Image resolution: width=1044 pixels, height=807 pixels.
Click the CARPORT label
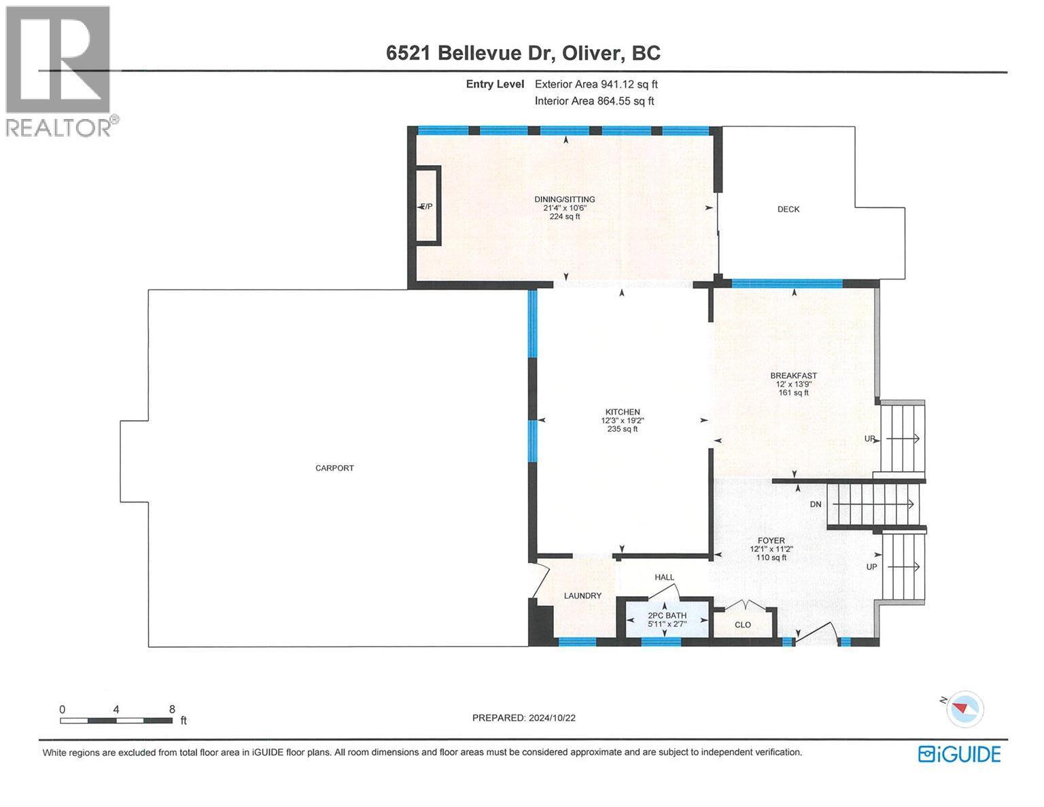pos(334,468)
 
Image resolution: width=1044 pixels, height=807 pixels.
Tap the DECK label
pos(788,209)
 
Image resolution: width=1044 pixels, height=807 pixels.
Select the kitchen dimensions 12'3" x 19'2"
pos(623,420)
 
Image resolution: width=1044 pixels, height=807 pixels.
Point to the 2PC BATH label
pos(666,615)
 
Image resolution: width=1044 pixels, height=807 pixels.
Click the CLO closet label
pos(743,624)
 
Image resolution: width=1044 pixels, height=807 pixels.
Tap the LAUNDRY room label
pos(582,596)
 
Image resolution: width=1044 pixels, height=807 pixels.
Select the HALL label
pos(664,577)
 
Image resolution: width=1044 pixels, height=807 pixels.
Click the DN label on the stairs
pos(816,504)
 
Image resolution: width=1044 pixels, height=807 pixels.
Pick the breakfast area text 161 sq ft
pos(793,392)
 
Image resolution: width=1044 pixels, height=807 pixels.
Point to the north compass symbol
pos(964,708)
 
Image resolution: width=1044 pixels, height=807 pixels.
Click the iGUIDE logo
pos(959,754)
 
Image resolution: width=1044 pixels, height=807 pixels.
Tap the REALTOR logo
pos(60,71)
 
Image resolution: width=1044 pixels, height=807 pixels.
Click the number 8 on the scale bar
pos(172,708)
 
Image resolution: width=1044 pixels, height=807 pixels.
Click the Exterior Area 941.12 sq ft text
pos(596,84)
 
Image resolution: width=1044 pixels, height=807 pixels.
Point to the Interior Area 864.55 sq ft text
pos(594,101)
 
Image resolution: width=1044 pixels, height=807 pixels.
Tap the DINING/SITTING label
pos(564,199)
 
